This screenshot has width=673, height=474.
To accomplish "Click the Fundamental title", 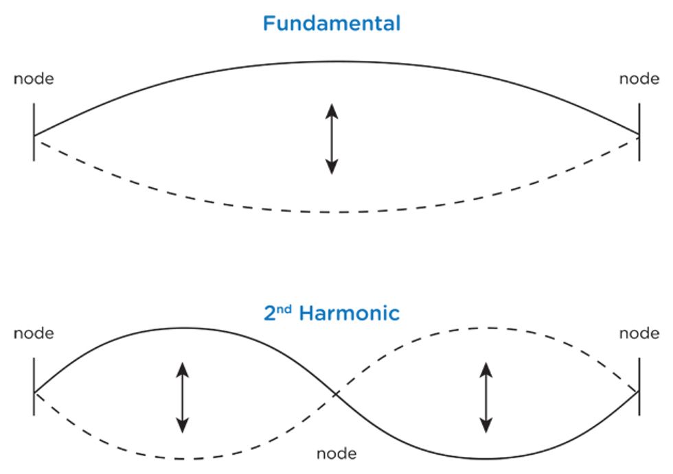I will tap(332, 24).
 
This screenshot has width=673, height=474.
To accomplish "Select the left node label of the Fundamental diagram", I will tap(34, 79).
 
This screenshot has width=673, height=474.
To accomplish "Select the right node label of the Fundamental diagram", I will tap(639, 79).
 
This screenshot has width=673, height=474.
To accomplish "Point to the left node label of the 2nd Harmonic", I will tap(34, 333).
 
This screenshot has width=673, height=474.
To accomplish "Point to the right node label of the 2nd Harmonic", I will tap(639, 333).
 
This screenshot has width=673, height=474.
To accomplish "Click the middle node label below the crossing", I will tap(336, 453).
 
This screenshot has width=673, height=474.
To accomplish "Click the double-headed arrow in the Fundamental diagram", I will tap(332, 138).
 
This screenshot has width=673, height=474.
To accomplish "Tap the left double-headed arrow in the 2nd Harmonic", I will tap(182, 397).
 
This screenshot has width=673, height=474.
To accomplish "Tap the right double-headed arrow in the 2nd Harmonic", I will tap(486, 397).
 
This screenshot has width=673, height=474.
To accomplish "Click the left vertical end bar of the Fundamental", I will tap(34, 132).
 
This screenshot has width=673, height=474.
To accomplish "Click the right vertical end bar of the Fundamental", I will tap(639, 132).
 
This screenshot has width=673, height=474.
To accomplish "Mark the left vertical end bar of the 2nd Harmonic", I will tap(34, 387).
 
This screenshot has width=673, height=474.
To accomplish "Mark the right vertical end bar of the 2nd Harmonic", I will tap(639, 387).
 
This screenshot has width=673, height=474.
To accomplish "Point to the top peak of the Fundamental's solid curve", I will tap(334, 62).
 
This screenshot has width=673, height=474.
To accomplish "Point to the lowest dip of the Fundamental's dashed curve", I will tap(334, 212).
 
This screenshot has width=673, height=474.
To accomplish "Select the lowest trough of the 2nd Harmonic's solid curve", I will tap(485, 458).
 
